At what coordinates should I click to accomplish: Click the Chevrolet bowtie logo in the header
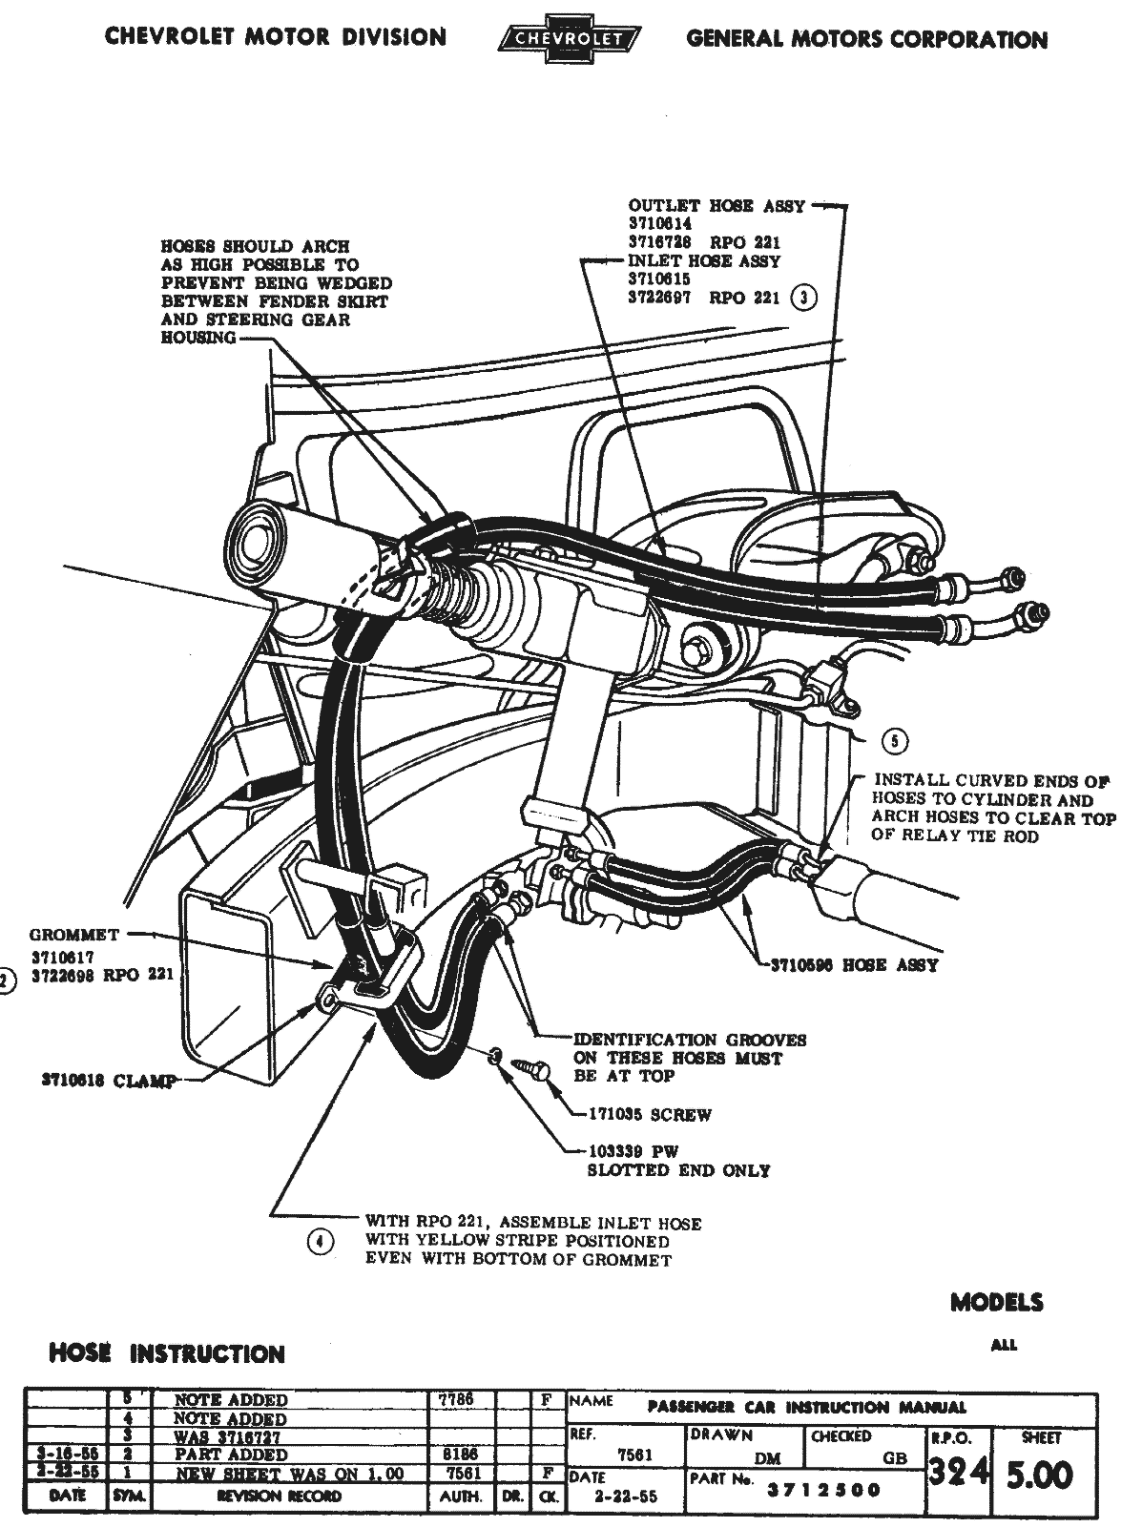click(x=571, y=39)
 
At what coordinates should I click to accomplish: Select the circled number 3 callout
click(x=805, y=298)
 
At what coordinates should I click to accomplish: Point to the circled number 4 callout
click(x=321, y=1241)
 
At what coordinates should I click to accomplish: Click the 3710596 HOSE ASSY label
click(x=854, y=965)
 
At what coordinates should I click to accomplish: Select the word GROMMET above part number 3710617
click(x=73, y=935)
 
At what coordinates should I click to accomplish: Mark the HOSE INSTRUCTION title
click(x=167, y=1353)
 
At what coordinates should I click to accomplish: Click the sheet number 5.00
click(x=1041, y=1476)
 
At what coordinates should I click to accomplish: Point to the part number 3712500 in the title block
click(x=824, y=1490)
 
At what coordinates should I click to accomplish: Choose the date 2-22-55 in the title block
click(x=624, y=1497)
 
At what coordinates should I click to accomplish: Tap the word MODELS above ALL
click(x=996, y=1303)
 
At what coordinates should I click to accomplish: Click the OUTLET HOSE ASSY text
click(x=716, y=206)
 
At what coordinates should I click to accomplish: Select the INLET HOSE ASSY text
click(x=704, y=261)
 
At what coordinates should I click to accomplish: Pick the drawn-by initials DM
click(x=766, y=1458)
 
